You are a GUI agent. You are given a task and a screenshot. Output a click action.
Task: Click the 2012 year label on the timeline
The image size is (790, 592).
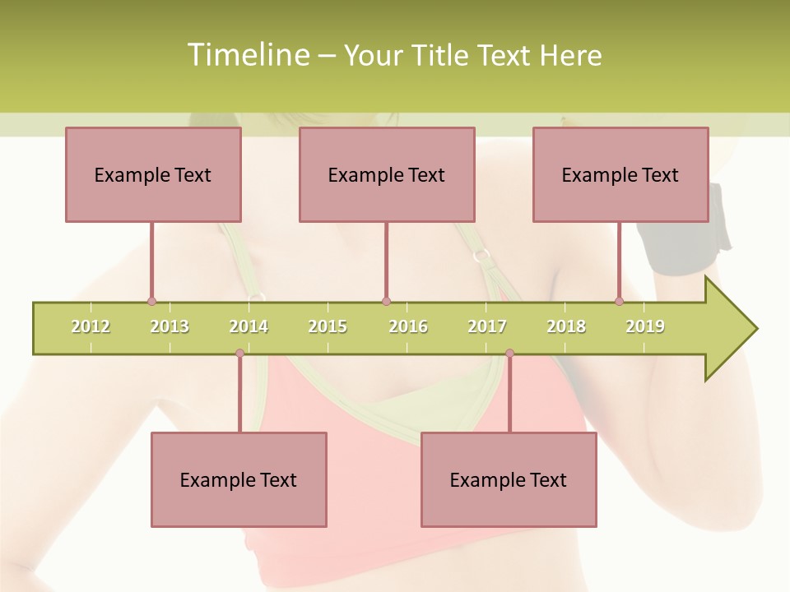click(x=91, y=326)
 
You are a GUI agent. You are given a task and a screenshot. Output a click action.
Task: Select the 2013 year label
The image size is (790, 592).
click(x=170, y=326)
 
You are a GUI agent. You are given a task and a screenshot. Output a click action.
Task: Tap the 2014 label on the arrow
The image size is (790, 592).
click(x=249, y=326)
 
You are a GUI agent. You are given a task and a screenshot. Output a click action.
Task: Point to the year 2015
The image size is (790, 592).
click(x=328, y=326)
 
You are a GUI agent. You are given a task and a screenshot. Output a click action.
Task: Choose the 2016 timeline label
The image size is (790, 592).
click(x=408, y=326)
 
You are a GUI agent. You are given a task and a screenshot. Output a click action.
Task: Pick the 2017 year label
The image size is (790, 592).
click(x=487, y=326)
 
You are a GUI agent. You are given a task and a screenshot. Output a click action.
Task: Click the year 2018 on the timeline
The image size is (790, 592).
click(x=566, y=326)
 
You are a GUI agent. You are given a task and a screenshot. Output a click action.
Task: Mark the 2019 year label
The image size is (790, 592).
click(x=645, y=326)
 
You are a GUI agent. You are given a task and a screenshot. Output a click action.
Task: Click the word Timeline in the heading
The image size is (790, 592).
click(x=248, y=55)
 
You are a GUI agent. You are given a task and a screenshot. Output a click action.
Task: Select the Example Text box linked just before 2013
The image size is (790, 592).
click(x=153, y=174)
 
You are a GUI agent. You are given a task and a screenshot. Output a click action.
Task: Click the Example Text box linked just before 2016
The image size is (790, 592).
click(x=387, y=174)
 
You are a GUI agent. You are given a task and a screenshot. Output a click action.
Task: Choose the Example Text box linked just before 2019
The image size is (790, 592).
click(x=620, y=174)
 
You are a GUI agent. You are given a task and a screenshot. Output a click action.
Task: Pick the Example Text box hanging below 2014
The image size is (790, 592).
click(x=239, y=479)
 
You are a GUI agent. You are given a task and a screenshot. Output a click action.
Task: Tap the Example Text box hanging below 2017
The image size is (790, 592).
click(x=509, y=479)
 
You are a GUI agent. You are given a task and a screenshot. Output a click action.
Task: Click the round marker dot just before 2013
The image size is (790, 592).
click(x=151, y=301)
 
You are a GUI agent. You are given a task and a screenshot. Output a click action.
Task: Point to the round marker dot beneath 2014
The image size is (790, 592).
click(x=239, y=354)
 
